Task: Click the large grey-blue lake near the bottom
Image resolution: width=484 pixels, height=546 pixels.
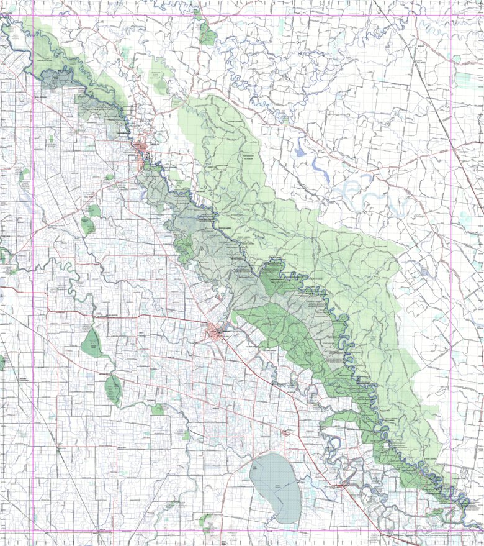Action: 275,487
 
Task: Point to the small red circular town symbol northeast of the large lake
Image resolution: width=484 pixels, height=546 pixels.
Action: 285,432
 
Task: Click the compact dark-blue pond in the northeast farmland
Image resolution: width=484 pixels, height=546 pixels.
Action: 300,149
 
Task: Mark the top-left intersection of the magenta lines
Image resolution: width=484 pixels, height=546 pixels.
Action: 33,16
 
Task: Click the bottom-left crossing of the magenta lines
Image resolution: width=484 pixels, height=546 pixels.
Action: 33,531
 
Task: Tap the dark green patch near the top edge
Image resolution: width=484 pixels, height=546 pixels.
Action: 207,34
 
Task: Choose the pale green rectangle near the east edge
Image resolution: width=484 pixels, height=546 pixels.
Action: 469,80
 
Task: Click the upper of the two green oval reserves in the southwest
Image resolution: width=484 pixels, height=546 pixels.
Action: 92,343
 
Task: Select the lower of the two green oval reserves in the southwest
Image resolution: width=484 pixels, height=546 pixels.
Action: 114,388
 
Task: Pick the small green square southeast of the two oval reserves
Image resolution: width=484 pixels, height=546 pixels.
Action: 158,409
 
